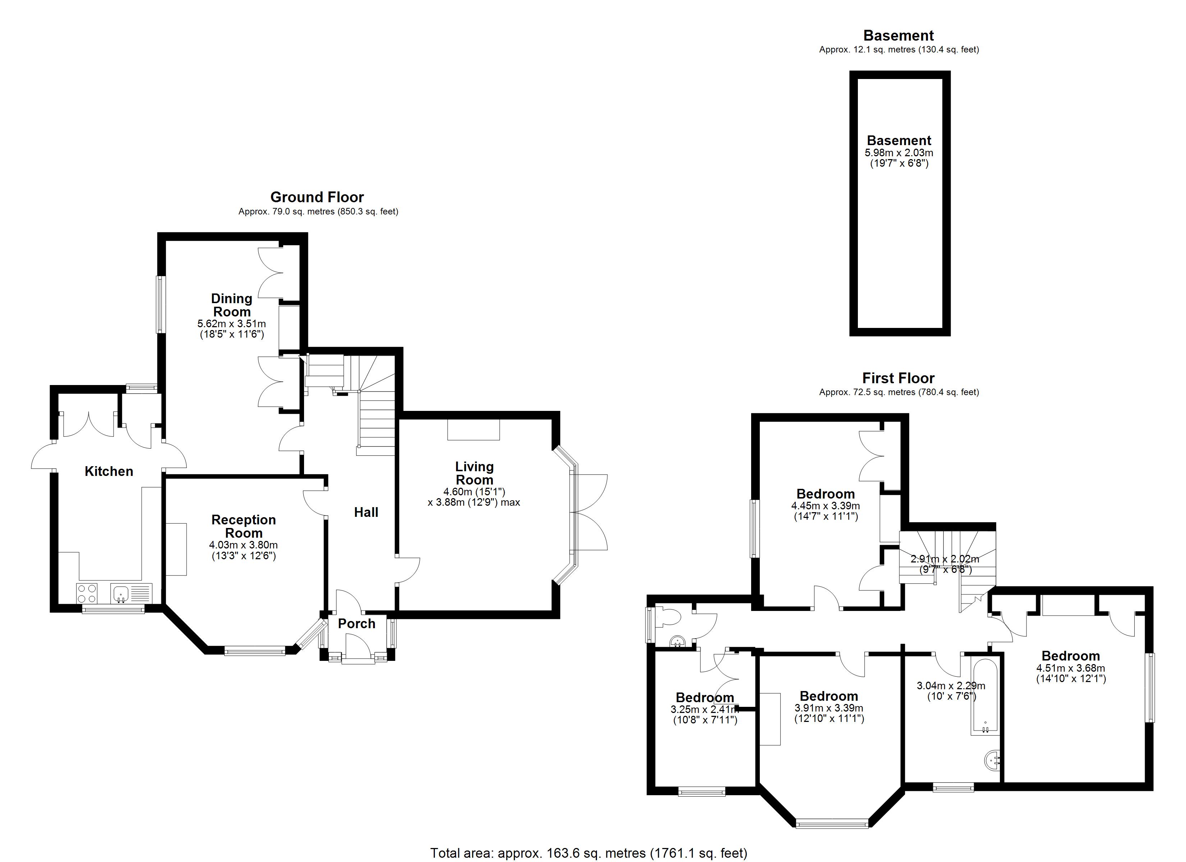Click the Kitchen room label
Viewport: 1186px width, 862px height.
click(x=109, y=472)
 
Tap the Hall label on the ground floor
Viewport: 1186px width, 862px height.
click(x=366, y=512)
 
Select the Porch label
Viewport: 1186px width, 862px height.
click(x=357, y=624)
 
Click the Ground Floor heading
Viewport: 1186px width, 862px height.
click(x=317, y=197)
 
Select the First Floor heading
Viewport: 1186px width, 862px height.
click(x=898, y=378)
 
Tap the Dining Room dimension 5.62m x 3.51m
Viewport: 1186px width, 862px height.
click(x=232, y=324)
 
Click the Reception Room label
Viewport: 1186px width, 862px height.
click(x=244, y=527)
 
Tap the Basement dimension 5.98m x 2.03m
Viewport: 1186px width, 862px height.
click(x=899, y=153)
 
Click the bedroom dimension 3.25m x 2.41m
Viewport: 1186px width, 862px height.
click(x=705, y=709)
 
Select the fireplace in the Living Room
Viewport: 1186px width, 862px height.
click(x=474, y=430)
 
